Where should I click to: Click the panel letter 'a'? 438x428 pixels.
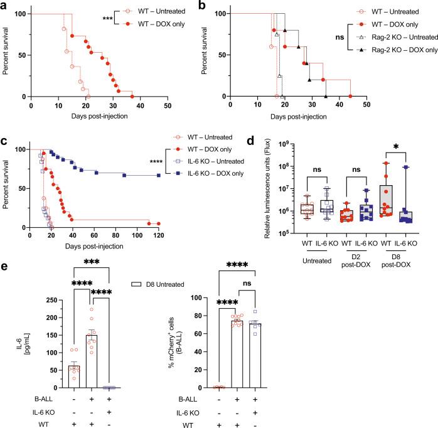(5, 6)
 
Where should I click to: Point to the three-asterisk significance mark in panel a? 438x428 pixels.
(109, 19)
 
